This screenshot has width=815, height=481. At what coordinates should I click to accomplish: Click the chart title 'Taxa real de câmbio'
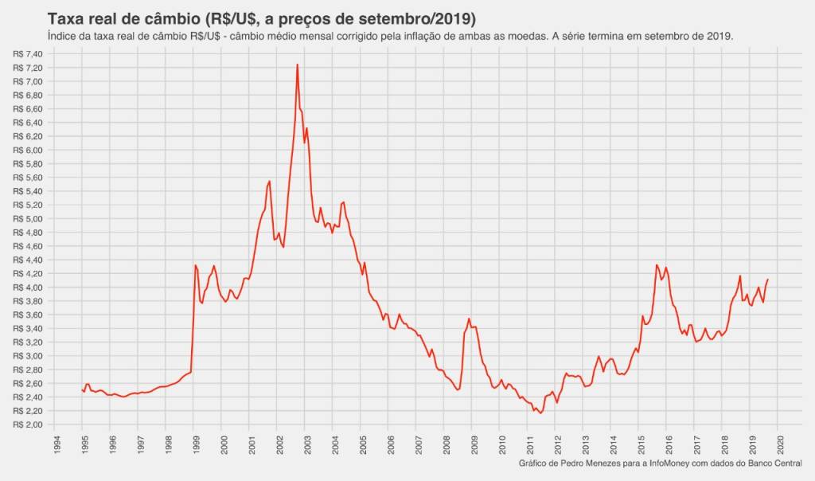coord(144,18)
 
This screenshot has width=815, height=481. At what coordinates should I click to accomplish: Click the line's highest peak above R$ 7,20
coord(297,65)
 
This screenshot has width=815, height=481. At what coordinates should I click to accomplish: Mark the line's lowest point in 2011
coord(540,413)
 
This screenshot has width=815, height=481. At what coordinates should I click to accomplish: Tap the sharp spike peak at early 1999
coord(196,265)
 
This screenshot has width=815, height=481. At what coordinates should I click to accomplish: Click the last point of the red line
coord(767,280)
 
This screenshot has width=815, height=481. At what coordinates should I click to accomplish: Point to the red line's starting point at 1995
coord(82,389)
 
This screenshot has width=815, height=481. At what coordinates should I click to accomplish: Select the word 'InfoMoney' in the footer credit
coord(669,463)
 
